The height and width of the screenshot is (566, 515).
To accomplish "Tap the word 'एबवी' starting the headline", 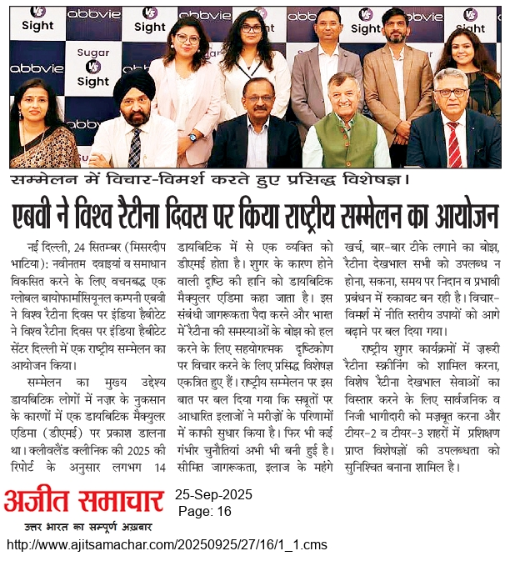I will pos(54,216).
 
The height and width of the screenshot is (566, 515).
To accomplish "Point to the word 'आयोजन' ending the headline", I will pos(455,216).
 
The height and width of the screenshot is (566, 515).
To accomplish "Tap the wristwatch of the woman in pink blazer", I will pos(192,137).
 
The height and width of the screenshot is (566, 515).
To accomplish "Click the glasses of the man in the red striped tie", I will pos(452,92).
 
